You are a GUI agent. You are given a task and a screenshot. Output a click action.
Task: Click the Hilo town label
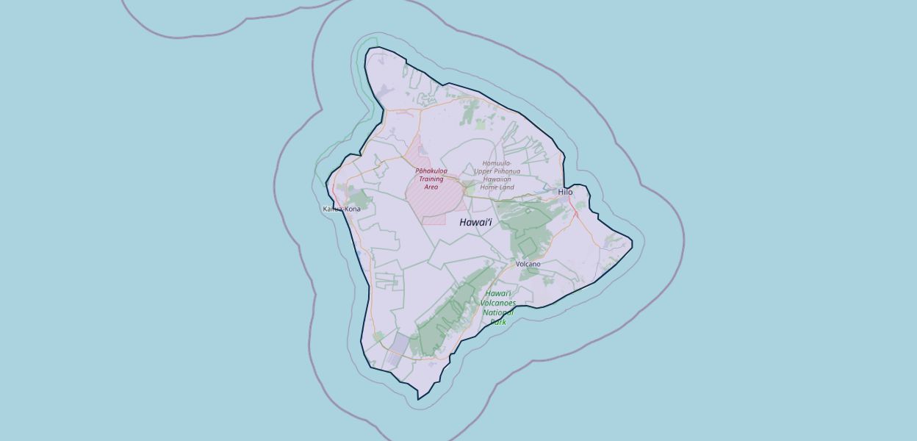point(565,192)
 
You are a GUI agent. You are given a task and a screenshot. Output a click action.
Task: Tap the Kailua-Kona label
point(342,209)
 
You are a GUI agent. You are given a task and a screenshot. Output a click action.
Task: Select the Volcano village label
point(528,264)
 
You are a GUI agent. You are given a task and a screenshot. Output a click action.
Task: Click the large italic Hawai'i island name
point(475,222)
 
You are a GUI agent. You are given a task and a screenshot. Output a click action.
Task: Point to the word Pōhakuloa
point(431,171)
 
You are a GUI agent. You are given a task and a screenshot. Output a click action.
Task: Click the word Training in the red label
point(431,179)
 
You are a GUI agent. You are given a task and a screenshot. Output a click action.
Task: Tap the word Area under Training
point(431,187)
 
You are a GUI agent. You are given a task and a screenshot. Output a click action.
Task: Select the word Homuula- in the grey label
point(497,163)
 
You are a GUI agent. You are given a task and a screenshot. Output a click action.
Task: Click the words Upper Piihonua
point(497,171)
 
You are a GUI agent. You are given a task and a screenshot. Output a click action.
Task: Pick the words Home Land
point(496,187)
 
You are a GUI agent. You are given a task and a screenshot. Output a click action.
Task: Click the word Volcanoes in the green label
point(498,303)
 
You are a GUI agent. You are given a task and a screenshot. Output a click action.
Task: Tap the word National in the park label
point(498,312)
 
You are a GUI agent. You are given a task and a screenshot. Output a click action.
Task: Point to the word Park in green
point(498,322)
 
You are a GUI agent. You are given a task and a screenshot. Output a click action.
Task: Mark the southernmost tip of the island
point(418,399)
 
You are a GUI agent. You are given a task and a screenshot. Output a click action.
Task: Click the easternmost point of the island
point(631,240)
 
